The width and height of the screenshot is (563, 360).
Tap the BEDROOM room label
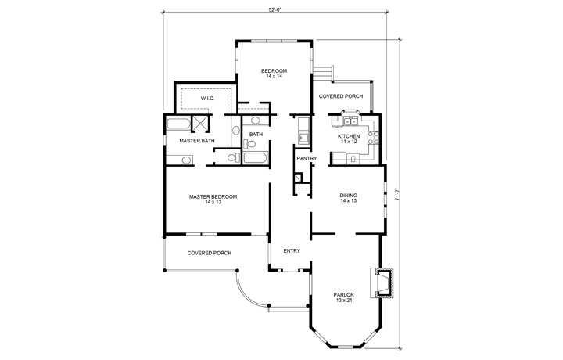[274, 71]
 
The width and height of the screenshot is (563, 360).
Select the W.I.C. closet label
[207, 99]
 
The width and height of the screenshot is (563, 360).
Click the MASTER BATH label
[196, 141]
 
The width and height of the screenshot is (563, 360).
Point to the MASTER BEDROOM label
[213, 196]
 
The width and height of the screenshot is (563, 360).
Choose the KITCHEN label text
[349, 136]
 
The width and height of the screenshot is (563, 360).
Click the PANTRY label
[305, 159]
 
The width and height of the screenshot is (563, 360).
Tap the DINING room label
[349, 196]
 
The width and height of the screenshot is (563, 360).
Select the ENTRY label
[292, 251]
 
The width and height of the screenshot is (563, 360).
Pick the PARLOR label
[344, 295]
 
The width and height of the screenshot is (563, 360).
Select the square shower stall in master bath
[201, 124]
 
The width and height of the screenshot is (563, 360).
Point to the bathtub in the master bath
[179, 124]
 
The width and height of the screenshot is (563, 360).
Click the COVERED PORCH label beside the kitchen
[341, 96]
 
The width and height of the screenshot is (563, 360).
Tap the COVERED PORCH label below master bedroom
[209, 253]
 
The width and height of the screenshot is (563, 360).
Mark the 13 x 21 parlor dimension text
[344, 301]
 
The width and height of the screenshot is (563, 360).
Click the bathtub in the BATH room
[256, 158]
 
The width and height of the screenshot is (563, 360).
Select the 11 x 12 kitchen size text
[349, 142]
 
